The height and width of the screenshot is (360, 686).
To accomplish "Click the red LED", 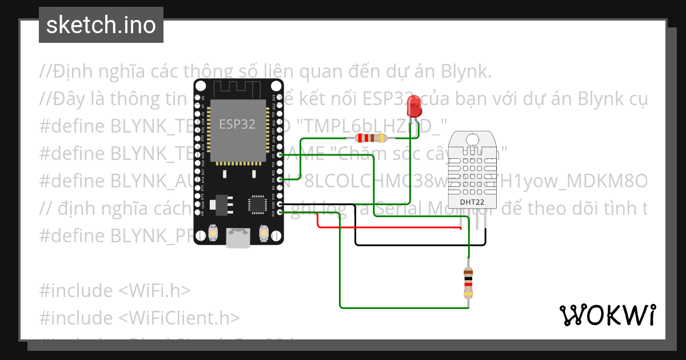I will (x=413, y=107).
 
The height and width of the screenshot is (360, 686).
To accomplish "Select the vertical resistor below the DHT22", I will (x=468, y=283).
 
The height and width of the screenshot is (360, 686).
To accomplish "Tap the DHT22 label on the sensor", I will (x=472, y=202).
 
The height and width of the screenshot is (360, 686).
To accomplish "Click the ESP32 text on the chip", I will (x=237, y=123).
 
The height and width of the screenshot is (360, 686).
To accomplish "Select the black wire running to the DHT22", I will (x=420, y=245).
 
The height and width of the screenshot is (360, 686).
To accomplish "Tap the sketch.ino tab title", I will (x=101, y=25).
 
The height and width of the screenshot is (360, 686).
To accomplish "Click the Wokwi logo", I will (x=607, y=315).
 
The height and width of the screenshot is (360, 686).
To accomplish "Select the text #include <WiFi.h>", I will (x=114, y=290).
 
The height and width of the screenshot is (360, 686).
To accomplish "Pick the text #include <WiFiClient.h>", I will (x=139, y=317).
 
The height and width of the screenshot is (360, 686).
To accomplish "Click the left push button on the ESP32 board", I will (x=213, y=233).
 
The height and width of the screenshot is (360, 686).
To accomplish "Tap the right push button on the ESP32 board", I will (x=264, y=233).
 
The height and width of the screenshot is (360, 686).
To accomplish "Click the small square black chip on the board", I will (x=257, y=204).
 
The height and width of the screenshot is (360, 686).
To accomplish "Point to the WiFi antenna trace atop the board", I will (x=238, y=88).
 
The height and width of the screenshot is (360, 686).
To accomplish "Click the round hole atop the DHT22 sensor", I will (x=473, y=139).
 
